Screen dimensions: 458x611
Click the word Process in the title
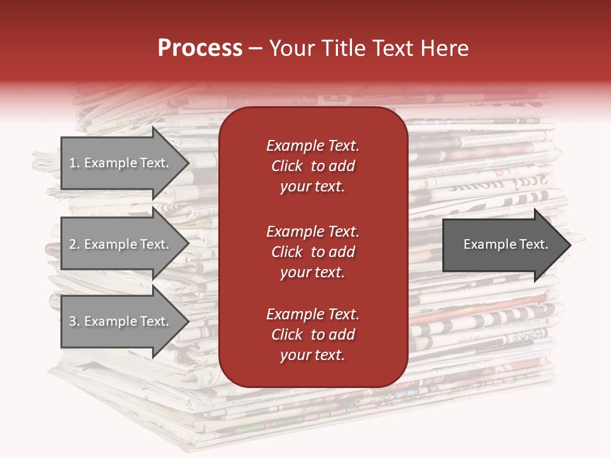point(200,48)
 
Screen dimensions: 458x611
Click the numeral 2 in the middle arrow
point(73,244)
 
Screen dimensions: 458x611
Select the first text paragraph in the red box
point(313,166)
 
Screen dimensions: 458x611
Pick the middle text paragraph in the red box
point(313,252)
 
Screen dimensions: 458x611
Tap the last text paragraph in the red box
point(313,335)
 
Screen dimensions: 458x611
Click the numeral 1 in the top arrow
point(73,163)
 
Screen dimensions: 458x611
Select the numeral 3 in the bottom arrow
point(73,321)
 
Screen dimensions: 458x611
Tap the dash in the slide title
point(255,49)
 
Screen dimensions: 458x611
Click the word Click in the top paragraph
point(287,166)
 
